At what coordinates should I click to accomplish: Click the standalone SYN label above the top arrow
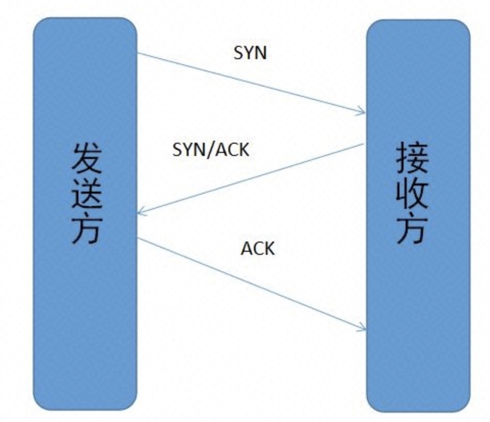coord(250,53)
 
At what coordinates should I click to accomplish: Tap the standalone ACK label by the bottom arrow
coord(258,249)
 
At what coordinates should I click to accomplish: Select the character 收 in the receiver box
coord(412,194)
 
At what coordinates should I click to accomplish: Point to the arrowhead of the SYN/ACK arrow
coord(141,214)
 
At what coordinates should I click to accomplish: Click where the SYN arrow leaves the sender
coord(138,52)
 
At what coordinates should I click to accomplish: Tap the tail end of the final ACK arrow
coord(138,237)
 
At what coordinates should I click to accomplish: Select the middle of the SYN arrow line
coord(251,83)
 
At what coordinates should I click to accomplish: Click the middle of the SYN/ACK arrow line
coord(251,179)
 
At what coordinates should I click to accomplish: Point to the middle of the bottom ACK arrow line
coord(251,283)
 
